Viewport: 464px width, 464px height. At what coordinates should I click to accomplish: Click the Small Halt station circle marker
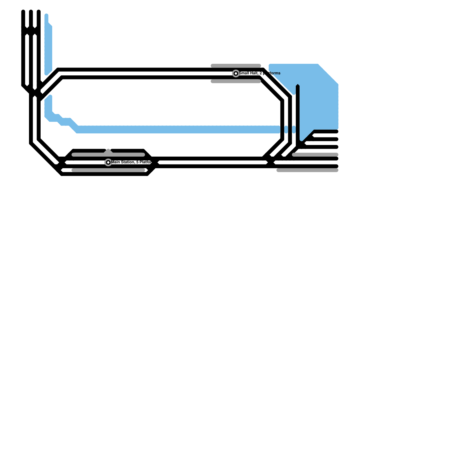tap(236, 73)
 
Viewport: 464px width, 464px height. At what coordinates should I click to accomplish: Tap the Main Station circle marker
tap(108, 162)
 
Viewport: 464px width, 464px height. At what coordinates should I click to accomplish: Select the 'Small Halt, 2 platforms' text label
tap(260, 73)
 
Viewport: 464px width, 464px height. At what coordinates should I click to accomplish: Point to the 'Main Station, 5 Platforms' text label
tap(131, 162)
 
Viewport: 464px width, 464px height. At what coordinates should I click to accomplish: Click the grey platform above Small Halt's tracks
tap(236, 66)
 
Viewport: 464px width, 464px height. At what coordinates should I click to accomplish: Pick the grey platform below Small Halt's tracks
tap(236, 81)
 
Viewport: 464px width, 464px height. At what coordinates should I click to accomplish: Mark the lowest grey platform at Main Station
tap(108, 170)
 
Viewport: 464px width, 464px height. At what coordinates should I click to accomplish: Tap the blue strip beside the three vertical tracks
tap(48, 46)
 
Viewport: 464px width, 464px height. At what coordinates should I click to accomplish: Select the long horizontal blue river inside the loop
tap(174, 129)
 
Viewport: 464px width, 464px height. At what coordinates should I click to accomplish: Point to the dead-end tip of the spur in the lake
tap(298, 86)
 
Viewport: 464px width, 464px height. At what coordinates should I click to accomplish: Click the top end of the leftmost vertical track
tap(23, 12)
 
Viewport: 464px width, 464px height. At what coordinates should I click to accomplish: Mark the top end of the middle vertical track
tap(31, 12)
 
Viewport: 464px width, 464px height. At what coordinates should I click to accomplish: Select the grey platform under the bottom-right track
tap(307, 170)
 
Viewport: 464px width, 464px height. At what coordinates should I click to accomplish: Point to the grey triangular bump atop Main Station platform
tap(108, 151)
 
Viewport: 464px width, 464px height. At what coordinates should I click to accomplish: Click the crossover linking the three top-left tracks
tap(31, 31)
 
